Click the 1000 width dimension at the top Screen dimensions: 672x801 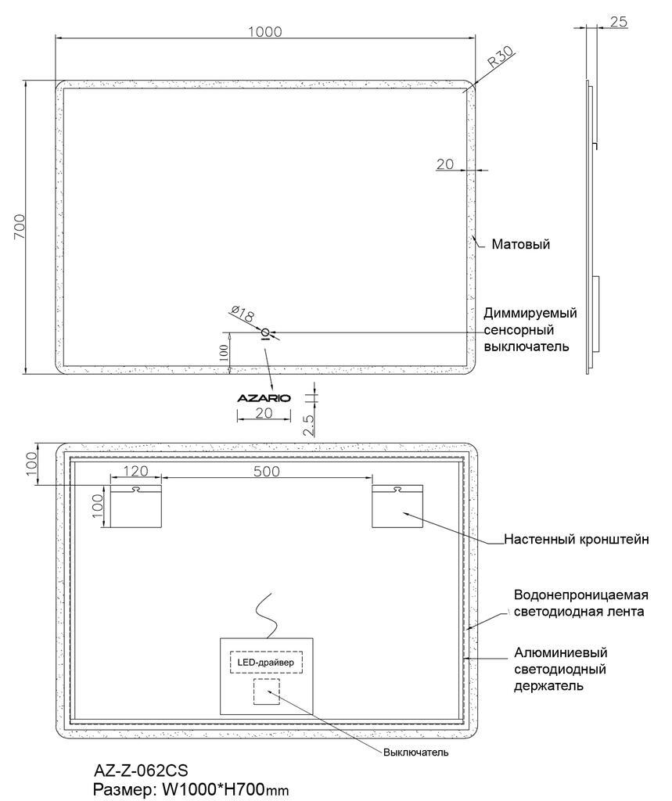click(x=264, y=31)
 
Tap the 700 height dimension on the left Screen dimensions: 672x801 click(x=19, y=227)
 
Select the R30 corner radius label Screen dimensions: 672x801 click(x=500, y=57)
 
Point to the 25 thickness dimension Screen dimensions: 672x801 click(x=618, y=21)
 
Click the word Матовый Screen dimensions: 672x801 click(x=521, y=244)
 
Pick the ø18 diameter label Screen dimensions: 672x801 click(x=243, y=314)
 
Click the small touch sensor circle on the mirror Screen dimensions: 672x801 click(x=265, y=333)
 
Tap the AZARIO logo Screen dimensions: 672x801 click(x=264, y=398)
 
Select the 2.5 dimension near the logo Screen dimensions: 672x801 click(x=309, y=425)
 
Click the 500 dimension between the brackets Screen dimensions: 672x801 click(x=266, y=471)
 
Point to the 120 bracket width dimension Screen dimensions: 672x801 click(x=135, y=470)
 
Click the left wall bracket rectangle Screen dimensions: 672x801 click(x=136, y=506)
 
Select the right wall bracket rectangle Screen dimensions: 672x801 click(x=397, y=506)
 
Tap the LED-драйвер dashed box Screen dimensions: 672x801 click(x=266, y=663)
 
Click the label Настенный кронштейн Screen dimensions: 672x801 click(x=577, y=539)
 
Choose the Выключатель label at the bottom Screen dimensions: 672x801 click(x=416, y=752)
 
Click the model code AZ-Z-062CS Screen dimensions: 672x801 click(x=141, y=770)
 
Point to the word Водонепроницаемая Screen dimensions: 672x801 click(x=581, y=595)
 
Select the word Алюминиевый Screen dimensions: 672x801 click(x=561, y=652)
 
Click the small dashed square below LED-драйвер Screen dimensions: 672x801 click(x=267, y=691)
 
